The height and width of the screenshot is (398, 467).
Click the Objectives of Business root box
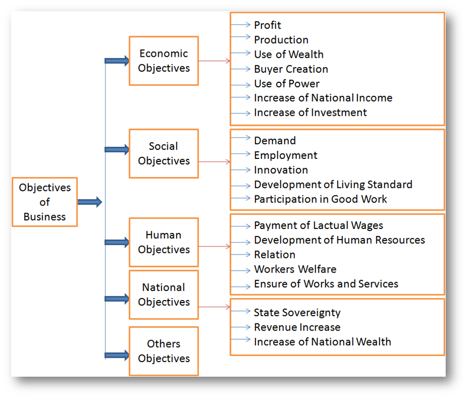click(x=45, y=202)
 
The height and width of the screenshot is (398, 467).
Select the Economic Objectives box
click(x=163, y=61)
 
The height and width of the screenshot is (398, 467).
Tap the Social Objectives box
click(x=163, y=154)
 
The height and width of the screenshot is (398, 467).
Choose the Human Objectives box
click(x=163, y=242)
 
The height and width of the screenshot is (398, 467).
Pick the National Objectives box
click(x=163, y=294)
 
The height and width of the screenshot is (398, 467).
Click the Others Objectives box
click(x=163, y=351)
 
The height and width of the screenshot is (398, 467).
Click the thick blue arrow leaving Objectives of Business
click(x=90, y=202)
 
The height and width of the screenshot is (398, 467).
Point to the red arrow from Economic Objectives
click(x=214, y=61)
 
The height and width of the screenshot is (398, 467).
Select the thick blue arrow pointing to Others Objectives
click(x=117, y=355)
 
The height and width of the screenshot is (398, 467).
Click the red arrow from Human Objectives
click(x=214, y=247)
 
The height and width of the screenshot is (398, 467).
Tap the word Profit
click(x=268, y=25)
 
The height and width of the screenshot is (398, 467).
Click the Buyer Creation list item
click(x=291, y=69)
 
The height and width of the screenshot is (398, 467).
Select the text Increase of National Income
click(x=323, y=98)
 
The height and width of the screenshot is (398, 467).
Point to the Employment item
click(x=285, y=155)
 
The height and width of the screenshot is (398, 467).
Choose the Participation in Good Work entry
click(x=320, y=199)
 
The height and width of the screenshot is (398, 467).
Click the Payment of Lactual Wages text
click(x=318, y=225)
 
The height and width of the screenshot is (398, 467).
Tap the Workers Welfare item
click(x=295, y=269)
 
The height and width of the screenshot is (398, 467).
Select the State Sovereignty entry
click(x=297, y=313)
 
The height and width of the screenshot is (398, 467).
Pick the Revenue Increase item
click(x=297, y=327)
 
